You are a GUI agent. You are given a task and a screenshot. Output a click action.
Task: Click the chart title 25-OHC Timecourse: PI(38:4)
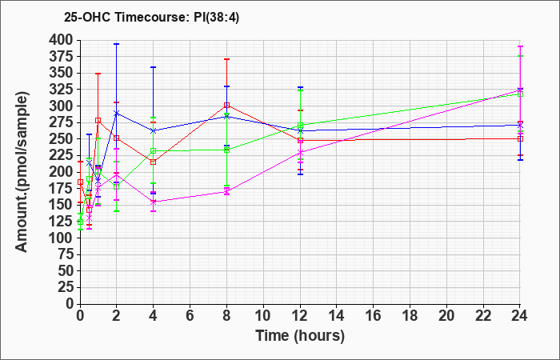click(151, 17)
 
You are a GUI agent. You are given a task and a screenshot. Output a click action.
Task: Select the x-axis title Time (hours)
click(300, 336)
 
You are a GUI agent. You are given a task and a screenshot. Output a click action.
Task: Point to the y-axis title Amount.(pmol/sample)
click(22, 172)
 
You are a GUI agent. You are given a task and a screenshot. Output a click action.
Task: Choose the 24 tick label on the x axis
click(519, 316)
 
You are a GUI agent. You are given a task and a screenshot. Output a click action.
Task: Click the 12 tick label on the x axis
click(300, 316)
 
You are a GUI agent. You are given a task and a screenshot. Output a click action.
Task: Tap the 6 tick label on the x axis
click(190, 316)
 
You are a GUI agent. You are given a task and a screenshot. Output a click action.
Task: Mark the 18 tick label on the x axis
click(410, 316)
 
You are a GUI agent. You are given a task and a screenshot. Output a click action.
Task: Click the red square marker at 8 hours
click(226, 106)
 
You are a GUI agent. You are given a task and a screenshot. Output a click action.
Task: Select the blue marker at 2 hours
click(117, 114)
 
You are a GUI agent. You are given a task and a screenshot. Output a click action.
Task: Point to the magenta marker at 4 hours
click(154, 202)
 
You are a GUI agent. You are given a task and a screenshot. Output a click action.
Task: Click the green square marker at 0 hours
click(80, 222)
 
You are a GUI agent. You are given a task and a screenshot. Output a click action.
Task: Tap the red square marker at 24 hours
click(520, 138)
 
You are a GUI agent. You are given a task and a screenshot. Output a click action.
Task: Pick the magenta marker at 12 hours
click(300, 153)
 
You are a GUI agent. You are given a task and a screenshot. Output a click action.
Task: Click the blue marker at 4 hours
click(154, 130)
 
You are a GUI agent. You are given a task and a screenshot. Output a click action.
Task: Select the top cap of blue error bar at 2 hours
click(117, 44)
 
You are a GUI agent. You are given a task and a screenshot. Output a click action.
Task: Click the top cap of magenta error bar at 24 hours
click(520, 46)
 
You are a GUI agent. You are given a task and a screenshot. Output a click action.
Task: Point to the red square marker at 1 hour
click(98, 120)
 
